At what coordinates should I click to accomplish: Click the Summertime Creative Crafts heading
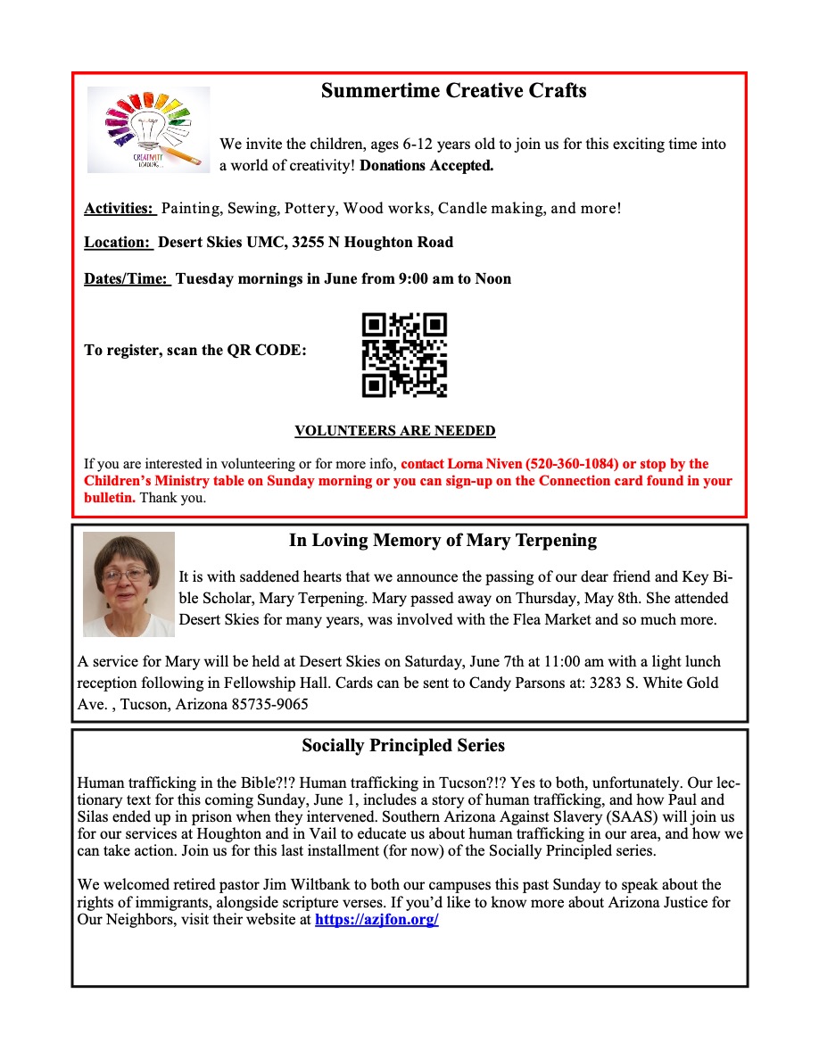pos(453,91)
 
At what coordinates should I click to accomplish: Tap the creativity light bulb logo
pos(149,129)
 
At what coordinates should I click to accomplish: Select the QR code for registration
pos(404,354)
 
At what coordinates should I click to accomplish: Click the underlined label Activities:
pos(120,209)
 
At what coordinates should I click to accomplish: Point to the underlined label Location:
pos(118,243)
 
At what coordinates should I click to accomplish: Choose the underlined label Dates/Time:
pos(127,279)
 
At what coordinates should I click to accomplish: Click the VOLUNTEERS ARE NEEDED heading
pos(395,431)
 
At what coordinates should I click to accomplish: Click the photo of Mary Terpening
pos(128,584)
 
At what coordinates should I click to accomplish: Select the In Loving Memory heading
pos(443,541)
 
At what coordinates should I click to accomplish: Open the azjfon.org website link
pos(376,919)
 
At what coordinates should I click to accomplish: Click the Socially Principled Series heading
pos(403,745)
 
